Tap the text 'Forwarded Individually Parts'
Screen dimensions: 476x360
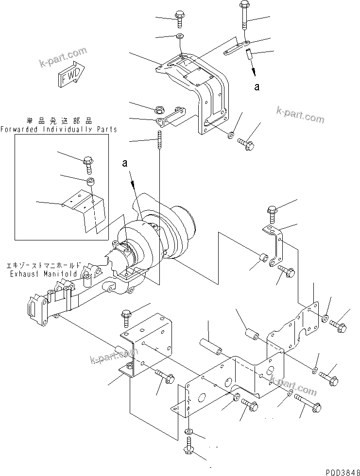coord(58,130)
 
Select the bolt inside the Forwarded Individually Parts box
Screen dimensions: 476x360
coord(89,164)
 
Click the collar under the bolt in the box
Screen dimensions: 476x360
coord(90,182)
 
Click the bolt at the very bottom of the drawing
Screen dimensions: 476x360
coord(189,449)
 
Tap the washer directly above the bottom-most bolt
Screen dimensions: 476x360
coord(189,432)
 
